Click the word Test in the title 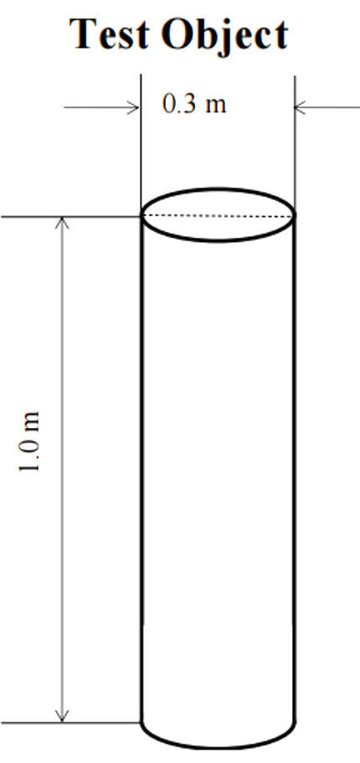point(110,34)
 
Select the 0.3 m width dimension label point(194,104)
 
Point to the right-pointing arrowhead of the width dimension point(133,107)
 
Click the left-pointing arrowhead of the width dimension point(301,107)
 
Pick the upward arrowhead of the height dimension point(62,224)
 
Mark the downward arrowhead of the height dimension point(62,715)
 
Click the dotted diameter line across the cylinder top point(218,215)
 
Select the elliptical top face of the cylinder point(218,188)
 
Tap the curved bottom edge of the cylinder point(218,747)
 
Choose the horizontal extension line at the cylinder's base point(71,723)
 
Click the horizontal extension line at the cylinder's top point(71,217)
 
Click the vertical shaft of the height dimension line point(62,470)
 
